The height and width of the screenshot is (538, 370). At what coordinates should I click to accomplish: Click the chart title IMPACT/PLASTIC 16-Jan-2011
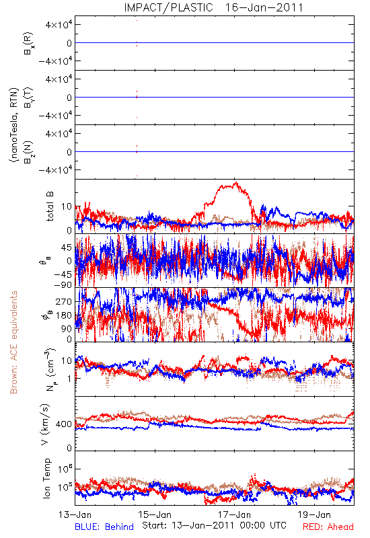pos(213,7)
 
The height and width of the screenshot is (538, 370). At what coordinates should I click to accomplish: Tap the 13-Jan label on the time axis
pos(75,514)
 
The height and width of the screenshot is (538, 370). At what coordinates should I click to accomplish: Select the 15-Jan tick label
pos(155,514)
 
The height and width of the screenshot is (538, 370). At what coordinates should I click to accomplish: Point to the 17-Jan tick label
pos(235,514)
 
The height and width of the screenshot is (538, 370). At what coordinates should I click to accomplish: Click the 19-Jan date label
pos(314,514)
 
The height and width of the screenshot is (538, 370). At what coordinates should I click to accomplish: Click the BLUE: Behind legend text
pos(104,527)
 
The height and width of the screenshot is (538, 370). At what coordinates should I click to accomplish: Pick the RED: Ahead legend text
pos(328,527)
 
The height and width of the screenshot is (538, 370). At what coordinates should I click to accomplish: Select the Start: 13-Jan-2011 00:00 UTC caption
pos(214,525)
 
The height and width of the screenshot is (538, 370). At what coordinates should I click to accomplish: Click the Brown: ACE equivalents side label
pos(13,342)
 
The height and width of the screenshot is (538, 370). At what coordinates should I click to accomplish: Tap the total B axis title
pos(50,206)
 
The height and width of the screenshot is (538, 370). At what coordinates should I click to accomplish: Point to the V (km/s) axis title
pos(46,424)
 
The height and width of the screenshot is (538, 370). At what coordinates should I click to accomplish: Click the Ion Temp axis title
pos(46,478)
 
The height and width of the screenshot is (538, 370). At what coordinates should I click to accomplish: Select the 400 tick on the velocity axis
pos(64,424)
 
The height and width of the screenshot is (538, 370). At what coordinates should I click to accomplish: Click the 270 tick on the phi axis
pos(64,302)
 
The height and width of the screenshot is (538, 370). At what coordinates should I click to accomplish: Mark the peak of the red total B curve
pos(235,182)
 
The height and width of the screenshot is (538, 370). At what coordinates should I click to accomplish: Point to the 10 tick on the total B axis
pos(67,207)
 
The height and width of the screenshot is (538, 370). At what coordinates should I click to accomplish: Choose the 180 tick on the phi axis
pos(64,315)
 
